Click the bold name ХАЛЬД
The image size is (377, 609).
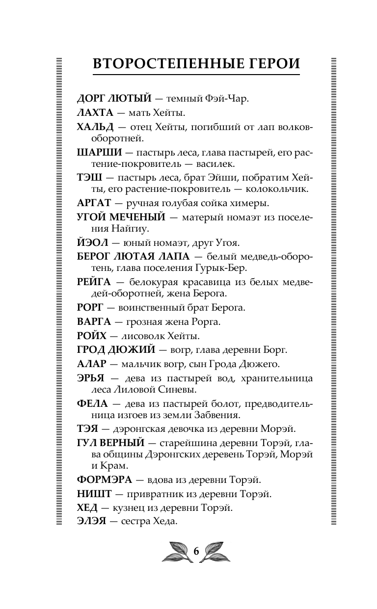[x=95, y=128]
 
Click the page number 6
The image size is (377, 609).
[x=196, y=551]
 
